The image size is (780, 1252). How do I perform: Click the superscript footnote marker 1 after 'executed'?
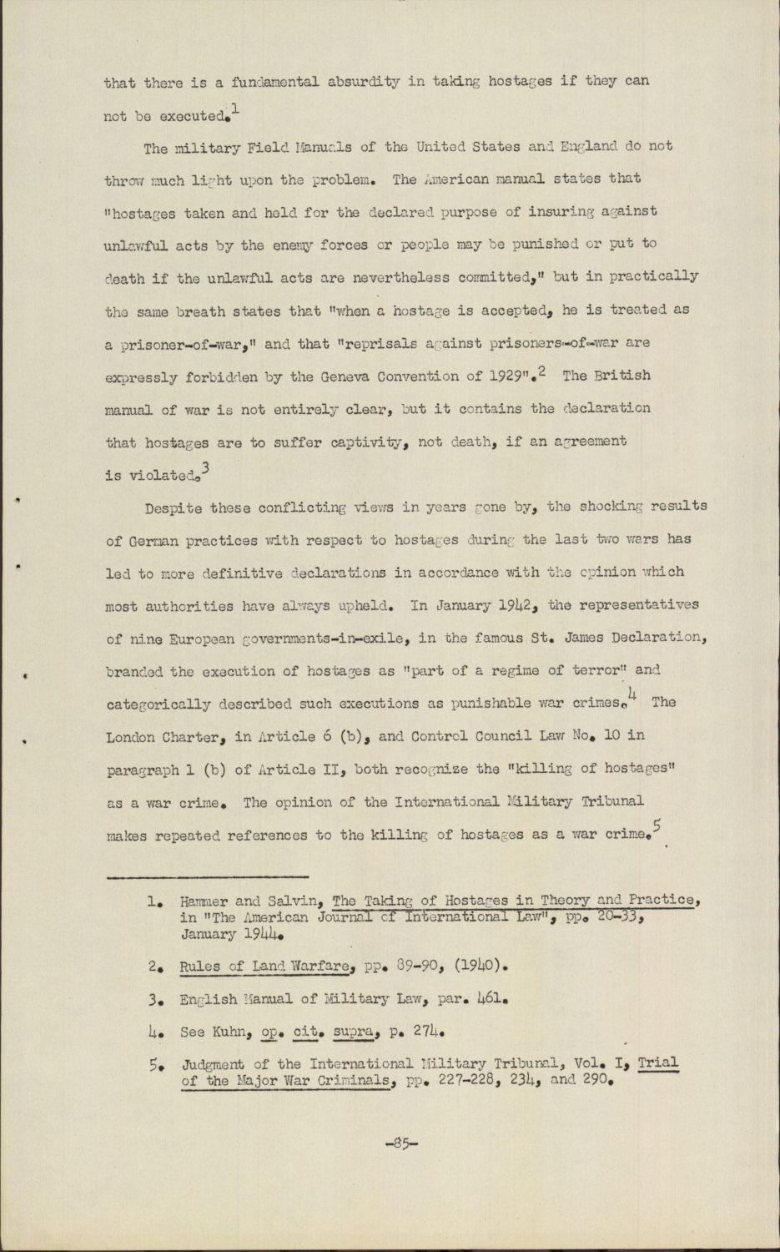point(236,107)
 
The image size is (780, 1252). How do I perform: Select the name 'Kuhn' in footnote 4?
point(235,1032)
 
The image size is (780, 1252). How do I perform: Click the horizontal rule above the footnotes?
point(208,877)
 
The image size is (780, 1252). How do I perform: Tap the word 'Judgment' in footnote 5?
point(213,1064)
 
